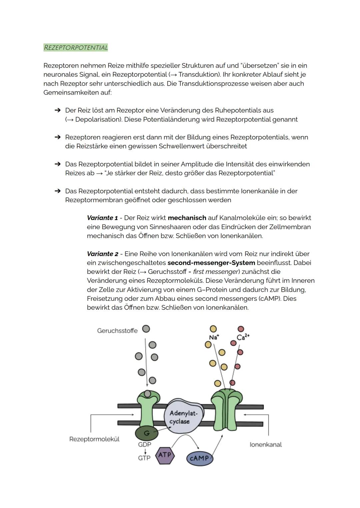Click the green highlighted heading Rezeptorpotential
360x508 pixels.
76,48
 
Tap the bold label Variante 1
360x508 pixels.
102,218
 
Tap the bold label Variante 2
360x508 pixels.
102,254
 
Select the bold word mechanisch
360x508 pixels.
187,218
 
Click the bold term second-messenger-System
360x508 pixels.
211,263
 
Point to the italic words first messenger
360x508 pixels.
216,272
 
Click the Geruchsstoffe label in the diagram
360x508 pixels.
117,330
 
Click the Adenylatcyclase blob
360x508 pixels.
183,417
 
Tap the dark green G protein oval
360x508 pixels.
147,433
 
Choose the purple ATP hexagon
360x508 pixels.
165,455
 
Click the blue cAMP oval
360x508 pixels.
199,458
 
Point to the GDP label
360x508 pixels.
144,444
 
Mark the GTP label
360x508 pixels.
144,458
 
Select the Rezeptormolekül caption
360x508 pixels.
94,439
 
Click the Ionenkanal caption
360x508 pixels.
265,444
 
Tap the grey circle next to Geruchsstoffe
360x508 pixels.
146,329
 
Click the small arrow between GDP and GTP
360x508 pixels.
145,451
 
